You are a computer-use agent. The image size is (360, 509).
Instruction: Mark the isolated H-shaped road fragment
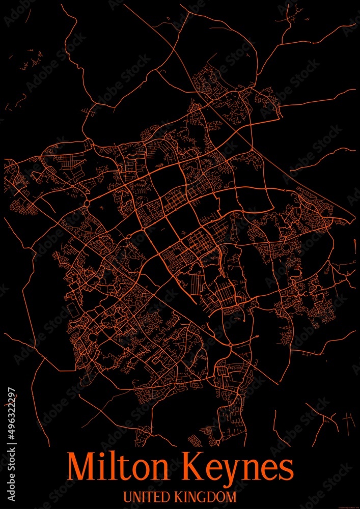(349, 419)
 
